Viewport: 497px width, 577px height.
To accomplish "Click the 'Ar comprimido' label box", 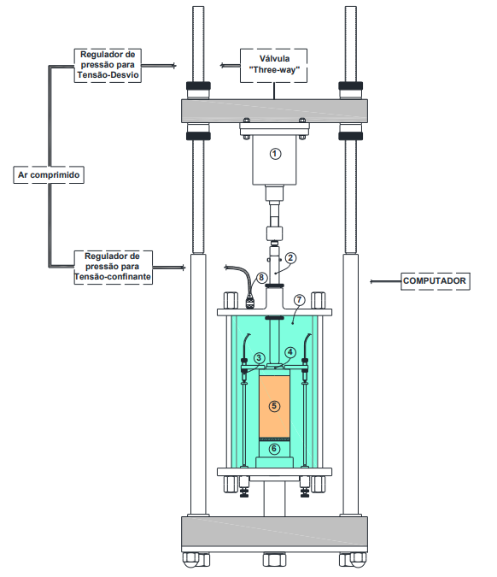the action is point(49,174).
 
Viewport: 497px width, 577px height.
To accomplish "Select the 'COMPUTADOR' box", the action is point(436,281).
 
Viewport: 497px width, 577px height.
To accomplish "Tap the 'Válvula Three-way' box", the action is point(274,66).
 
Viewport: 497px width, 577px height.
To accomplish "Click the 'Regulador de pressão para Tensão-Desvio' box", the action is point(108,66).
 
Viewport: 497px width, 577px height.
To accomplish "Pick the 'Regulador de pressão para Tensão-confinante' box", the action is point(114,268).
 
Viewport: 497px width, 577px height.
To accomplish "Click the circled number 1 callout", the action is point(275,154).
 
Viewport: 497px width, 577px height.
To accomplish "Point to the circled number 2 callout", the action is point(290,258).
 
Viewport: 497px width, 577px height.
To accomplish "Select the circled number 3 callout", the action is point(259,358).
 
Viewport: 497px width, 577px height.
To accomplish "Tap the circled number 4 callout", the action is point(290,352).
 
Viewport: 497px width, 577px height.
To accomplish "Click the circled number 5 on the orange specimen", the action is point(274,406).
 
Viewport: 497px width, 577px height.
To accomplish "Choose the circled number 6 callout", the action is point(274,449).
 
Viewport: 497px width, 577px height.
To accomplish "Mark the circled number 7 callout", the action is point(299,300).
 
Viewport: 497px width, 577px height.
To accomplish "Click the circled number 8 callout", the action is point(261,278).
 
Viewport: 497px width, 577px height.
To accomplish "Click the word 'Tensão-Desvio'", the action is point(108,75).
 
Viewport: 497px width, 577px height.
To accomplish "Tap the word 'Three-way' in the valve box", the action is point(274,70).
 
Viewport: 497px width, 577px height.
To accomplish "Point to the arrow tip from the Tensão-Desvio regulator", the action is point(176,66).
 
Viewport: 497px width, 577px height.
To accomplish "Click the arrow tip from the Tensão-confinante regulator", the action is point(184,268).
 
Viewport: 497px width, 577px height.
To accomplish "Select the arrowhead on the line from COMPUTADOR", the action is point(371,281).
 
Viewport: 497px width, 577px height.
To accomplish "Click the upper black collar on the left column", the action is point(198,86).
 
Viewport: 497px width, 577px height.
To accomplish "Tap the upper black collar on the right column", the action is point(350,86).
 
